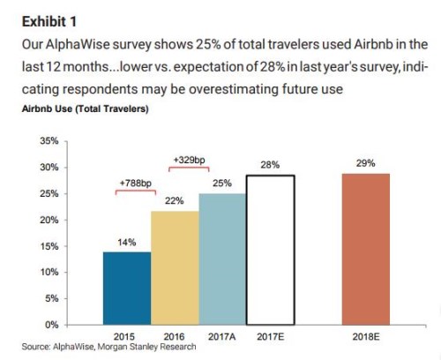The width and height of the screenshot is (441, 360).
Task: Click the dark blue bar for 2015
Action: [127, 289]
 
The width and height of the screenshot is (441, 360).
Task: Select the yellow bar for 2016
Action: [175, 268]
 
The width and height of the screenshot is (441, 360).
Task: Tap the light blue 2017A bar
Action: [222, 259]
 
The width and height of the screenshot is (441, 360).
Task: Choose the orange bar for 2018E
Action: [366, 249]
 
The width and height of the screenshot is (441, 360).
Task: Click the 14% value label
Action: [127, 243]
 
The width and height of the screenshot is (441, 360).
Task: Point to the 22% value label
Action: [175, 201]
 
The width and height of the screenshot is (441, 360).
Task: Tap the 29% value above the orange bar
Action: [366, 163]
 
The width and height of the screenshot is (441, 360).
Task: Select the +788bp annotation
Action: [136, 184]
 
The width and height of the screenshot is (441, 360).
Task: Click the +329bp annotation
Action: [189, 160]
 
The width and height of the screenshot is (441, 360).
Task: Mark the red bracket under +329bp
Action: [189, 168]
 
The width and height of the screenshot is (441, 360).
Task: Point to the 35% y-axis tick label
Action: [49, 141]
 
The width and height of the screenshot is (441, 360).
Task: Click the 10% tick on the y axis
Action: [49, 272]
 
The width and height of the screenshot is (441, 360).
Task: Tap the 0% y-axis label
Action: [52, 325]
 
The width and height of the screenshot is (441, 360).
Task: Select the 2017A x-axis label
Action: [222, 336]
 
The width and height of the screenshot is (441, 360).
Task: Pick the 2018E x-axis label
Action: [366, 336]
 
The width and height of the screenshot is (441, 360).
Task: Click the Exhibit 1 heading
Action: [49, 22]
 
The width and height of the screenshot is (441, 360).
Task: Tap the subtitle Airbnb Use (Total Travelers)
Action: [86, 109]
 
